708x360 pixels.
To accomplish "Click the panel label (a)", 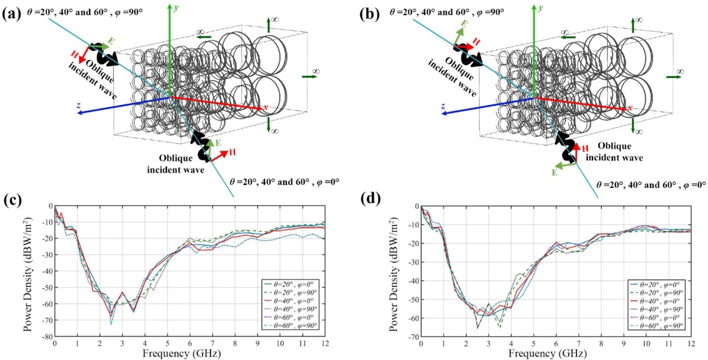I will coord(11,14).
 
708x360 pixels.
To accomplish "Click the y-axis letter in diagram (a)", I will coord(176,8).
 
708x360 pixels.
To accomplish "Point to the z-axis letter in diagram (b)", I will coord(443,106).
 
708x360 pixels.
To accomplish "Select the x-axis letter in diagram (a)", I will coord(265,107).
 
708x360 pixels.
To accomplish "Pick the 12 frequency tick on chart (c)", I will coord(325,343).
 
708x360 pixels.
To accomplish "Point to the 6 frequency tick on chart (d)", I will coord(556,343).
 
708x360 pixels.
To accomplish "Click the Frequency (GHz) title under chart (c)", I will coord(181,354).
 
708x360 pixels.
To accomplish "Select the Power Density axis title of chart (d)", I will coord(393,274).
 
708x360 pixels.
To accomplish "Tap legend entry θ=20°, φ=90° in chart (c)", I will coord(295,293).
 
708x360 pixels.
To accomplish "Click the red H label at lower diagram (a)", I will coord(232,152).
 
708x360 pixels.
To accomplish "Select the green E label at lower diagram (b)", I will coord(555,173).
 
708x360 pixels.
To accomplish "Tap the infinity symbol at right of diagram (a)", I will coord(316,71).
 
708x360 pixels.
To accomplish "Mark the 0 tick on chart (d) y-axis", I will coord(417,206).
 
